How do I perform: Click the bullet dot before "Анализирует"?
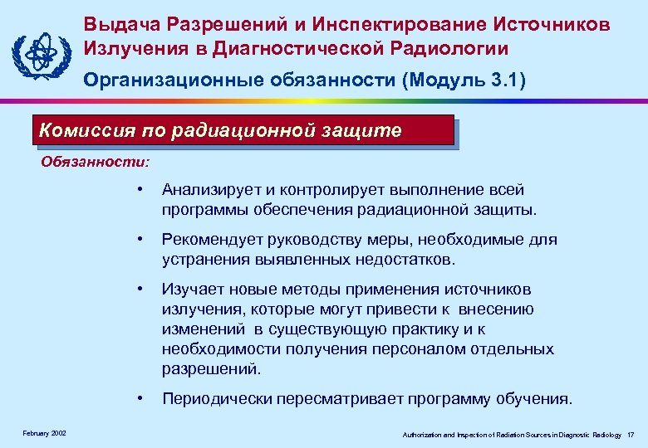pos(142,190)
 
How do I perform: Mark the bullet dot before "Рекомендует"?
pos(142,240)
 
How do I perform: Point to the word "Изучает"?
pos(191,290)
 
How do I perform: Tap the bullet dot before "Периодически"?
pos(142,399)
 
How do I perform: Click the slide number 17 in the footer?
pos(631,435)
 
